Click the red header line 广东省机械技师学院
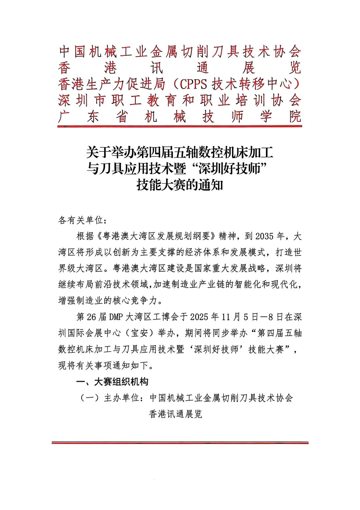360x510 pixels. click(x=180, y=116)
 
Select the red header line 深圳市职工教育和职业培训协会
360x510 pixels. click(x=180, y=100)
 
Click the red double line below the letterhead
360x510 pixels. click(x=180, y=126)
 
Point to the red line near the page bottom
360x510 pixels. click(x=180, y=443)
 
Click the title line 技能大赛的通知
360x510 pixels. click(x=180, y=185)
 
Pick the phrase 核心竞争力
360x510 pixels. click(x=135, y=300)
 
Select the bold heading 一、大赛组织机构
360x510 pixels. click(x=112, y=382)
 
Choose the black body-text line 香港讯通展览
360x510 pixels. click(x=176, y=414)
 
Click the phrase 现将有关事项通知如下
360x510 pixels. click(x=103, y=365)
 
